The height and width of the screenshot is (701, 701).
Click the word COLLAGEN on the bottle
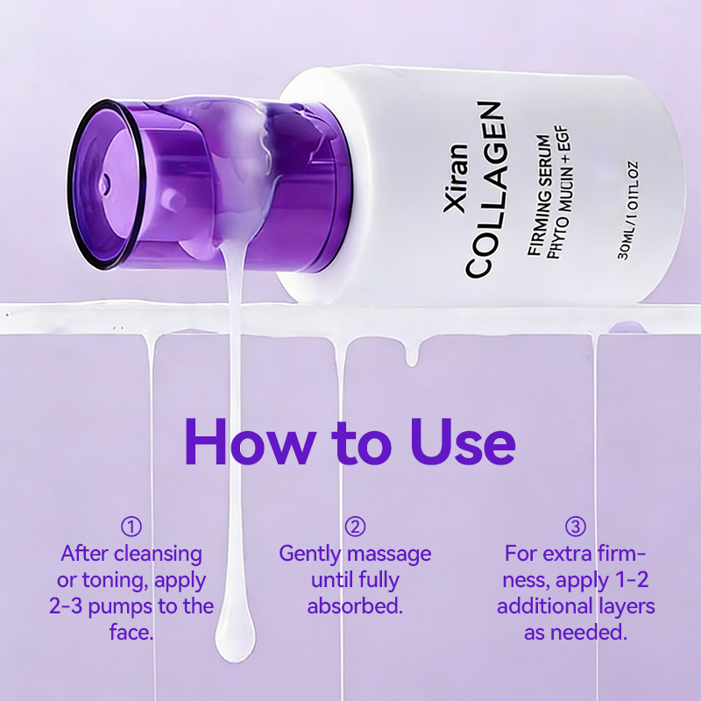(x=484, y=190)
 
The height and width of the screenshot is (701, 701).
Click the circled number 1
(x=131, y=527)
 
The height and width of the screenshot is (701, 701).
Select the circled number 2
(x=355, y=527)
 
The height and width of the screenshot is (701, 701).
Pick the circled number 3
(x=576, y=527)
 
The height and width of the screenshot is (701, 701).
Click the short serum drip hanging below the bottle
(x=412, y=355)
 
